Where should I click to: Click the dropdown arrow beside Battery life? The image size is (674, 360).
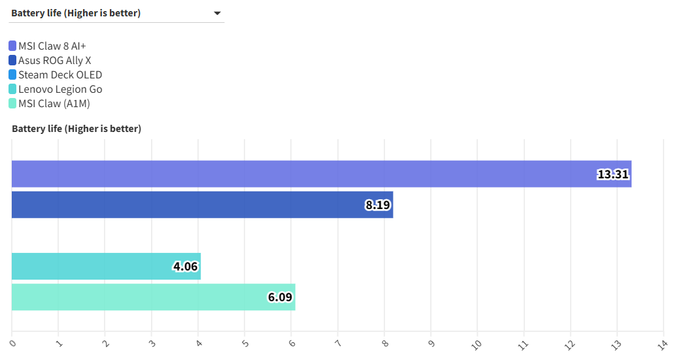tap(217, 13)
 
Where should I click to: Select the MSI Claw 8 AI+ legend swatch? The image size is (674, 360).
tap(12, 46)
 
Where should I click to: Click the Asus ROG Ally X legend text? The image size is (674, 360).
tap(55, 60)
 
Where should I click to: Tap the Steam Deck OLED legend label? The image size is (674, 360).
tap(60, 74)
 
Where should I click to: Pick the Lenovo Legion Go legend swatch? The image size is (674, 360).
tap(12, 89)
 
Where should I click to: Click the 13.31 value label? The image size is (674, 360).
tap(613, 174)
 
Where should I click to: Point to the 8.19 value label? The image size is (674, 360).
tap(377, 205)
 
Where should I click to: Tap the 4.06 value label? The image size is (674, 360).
tap(185, 267)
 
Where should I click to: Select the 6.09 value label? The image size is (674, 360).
tap(280, 297)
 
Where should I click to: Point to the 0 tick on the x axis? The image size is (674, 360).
tap(12, 342)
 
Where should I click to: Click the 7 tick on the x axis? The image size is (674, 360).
tap(338, 342)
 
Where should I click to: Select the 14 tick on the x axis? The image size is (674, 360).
tap(662, 342)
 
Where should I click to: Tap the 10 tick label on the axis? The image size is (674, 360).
tap(477, 342)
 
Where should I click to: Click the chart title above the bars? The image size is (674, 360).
tap(76, 129)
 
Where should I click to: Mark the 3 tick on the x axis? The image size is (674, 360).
tap(152, 342)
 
